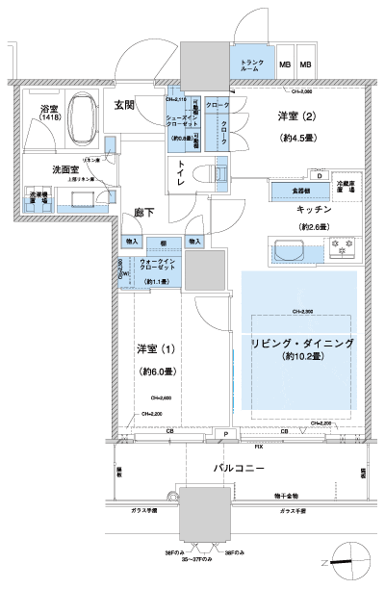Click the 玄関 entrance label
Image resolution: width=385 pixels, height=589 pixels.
(x=123, y=104)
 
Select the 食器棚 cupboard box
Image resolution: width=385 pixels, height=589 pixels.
(x=288, y=190)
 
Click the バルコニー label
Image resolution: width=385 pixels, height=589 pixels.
(x=240, y=468)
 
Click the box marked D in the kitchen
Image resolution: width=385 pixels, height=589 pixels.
(x=317, y=175)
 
